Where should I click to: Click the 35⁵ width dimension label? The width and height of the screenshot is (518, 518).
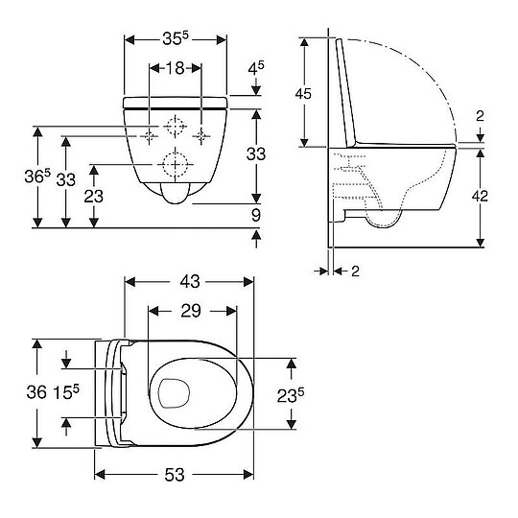[175, 40]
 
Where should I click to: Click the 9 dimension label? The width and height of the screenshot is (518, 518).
[256, 215]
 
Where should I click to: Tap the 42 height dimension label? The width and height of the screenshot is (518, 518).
[481, 196]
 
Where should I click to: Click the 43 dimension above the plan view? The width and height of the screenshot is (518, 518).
[190, 282]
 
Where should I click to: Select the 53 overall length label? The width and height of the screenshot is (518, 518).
[174, 476]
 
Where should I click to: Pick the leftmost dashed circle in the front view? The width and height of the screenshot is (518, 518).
[151, 135]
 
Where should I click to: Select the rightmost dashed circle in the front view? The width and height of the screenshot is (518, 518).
[202, 135]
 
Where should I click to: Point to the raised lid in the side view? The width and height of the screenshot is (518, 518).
[348, 91]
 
